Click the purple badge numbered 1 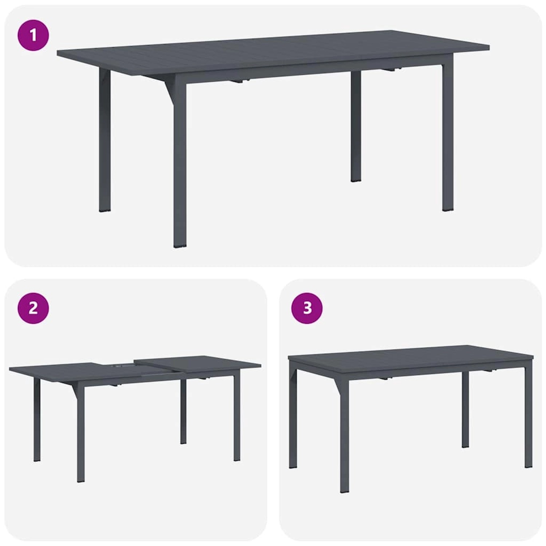point(33,35)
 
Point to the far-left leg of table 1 point(105,142)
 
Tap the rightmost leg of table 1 point(448,138)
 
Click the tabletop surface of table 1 point(273,51)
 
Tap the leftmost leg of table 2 point(37,419)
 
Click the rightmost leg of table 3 point(529,419)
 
